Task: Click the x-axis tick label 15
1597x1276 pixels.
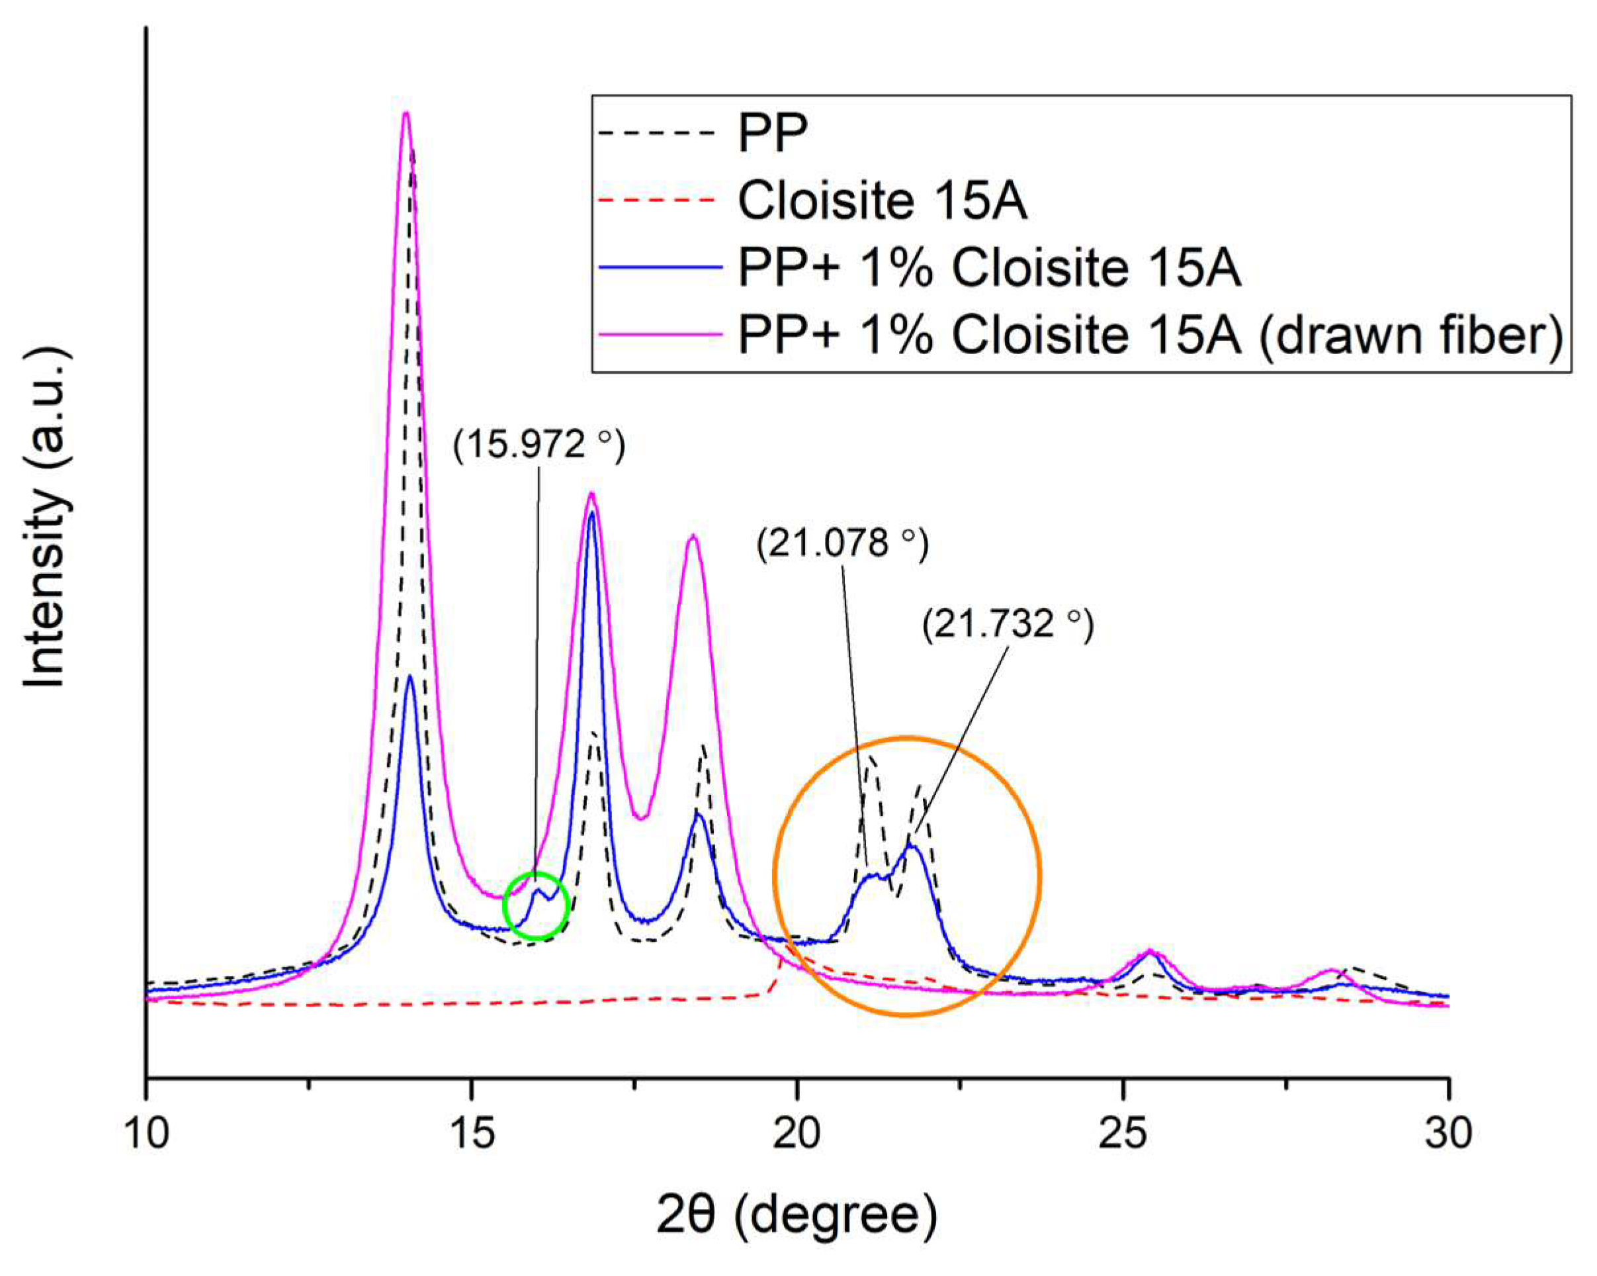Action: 471,1134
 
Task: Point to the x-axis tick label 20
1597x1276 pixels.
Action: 797,1134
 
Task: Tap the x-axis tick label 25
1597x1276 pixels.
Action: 1123,1134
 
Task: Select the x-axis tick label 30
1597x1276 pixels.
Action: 1448,1134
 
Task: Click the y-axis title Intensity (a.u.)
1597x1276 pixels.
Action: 46,518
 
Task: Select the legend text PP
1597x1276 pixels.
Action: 773,134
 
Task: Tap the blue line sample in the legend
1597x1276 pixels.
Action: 660,267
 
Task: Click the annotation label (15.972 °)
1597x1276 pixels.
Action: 539,445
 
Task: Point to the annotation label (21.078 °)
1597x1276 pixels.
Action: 842,544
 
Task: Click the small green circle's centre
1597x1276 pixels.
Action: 536,905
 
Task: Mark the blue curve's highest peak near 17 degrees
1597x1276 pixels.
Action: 591,514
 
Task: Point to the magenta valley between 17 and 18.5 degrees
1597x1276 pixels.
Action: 642,817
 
